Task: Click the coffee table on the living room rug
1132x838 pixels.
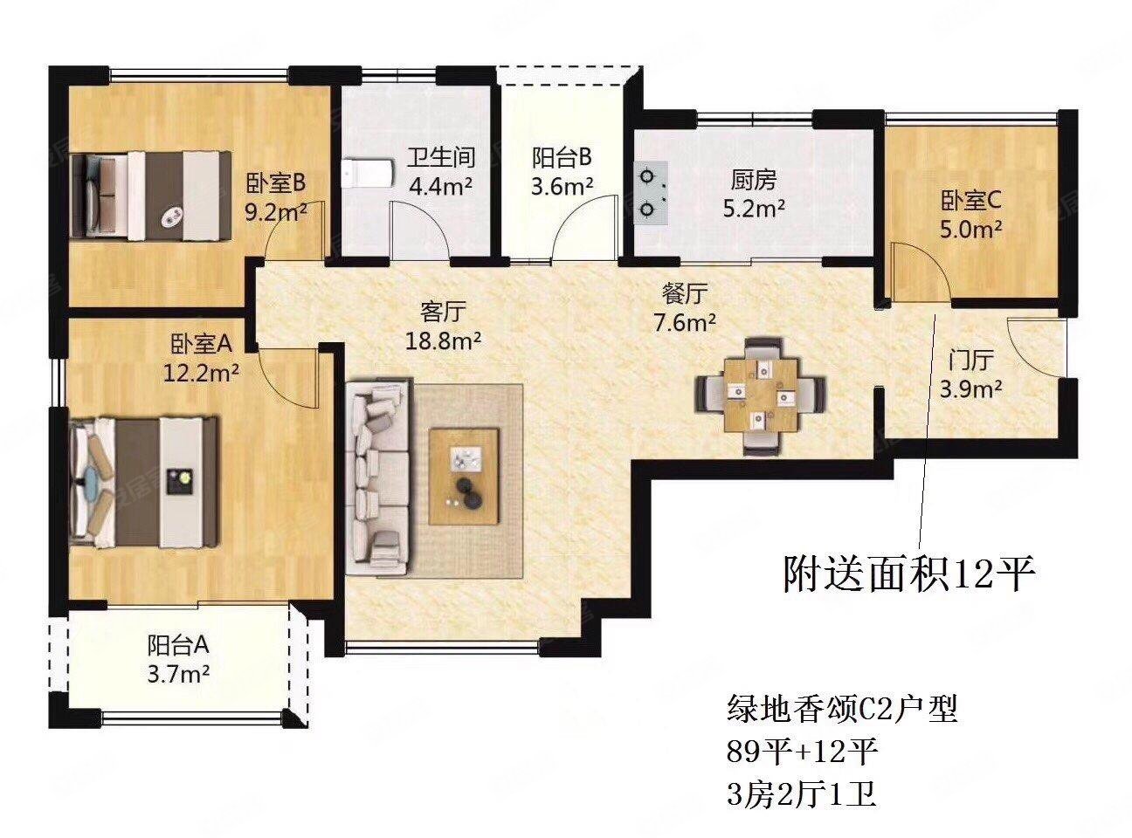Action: coord(464,476)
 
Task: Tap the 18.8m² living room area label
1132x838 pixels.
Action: coord(443,340)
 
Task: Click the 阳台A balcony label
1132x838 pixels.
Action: coord(177,645)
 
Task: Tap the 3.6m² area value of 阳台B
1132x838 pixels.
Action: coord(563,186)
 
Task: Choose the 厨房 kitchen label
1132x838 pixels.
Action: coord(753,180)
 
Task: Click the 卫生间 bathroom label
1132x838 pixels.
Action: coord(441,157)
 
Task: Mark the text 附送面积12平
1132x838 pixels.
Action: coord(908,575)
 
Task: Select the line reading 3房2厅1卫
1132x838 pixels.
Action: coord(801,795)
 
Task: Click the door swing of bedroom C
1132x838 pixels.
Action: coord(917,272)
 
